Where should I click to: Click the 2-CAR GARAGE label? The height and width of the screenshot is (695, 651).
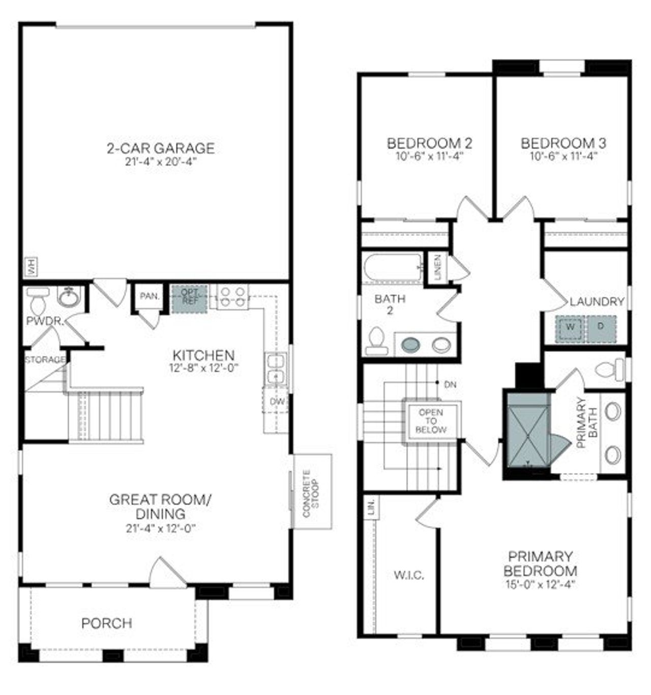coord(160,148)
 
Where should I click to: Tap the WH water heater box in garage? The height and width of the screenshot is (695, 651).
coord(32,266)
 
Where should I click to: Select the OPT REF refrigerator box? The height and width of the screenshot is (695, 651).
coord(189,298)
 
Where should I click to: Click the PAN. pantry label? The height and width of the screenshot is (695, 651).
coord(150,296)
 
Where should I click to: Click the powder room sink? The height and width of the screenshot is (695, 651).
coord(68,296)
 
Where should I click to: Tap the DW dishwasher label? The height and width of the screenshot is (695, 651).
coord(277,402)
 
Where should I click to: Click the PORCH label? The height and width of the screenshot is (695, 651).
coord(107,623)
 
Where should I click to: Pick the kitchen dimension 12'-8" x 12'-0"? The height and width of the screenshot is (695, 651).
coord(203,367)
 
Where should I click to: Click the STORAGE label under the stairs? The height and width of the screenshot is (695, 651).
coord(46,359)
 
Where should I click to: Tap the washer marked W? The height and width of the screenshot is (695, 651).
coord(570,327)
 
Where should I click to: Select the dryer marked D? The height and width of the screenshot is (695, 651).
coord(601,326)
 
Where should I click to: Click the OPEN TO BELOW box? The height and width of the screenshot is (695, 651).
coord(431,421)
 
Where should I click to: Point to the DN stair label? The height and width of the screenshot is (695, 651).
coord(450,384)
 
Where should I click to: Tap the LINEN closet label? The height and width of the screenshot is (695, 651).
coord(437,267)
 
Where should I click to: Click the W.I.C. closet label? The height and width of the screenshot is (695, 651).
coord(409,575)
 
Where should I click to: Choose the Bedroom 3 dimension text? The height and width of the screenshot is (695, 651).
coord(563,156)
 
